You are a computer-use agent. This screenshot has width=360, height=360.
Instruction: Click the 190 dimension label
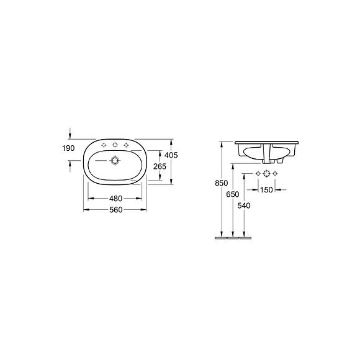68,148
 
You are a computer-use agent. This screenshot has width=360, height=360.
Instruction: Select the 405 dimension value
171,155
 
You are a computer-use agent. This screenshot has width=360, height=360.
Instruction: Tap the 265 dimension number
160,166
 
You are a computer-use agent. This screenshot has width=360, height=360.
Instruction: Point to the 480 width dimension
115,199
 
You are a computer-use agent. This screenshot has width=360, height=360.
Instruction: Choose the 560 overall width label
115,210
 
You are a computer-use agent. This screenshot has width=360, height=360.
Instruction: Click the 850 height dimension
222,183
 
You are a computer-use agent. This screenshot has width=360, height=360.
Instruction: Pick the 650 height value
233,194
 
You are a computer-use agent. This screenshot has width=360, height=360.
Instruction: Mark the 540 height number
244,205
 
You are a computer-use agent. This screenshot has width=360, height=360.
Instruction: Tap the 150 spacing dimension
266,190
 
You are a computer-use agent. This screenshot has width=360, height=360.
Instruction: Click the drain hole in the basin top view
115,160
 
